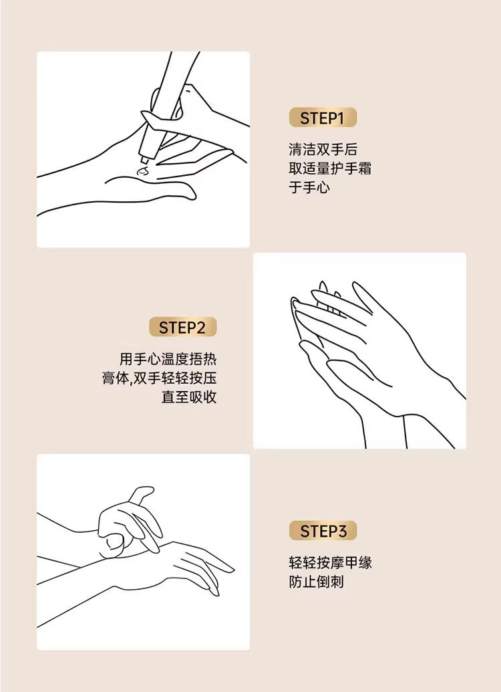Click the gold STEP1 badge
point(323,118)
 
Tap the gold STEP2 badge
point(182,327)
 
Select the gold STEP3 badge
point(323,530)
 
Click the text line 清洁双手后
point(323,149)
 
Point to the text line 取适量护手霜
point(330,168)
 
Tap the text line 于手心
point(309,187)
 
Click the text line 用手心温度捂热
point(168,359)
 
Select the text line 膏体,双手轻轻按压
point(159,378)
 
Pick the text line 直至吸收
point(189,396)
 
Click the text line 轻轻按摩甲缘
point(330,562)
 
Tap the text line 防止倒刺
point(316,582)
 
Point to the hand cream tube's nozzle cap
point(145,154)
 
